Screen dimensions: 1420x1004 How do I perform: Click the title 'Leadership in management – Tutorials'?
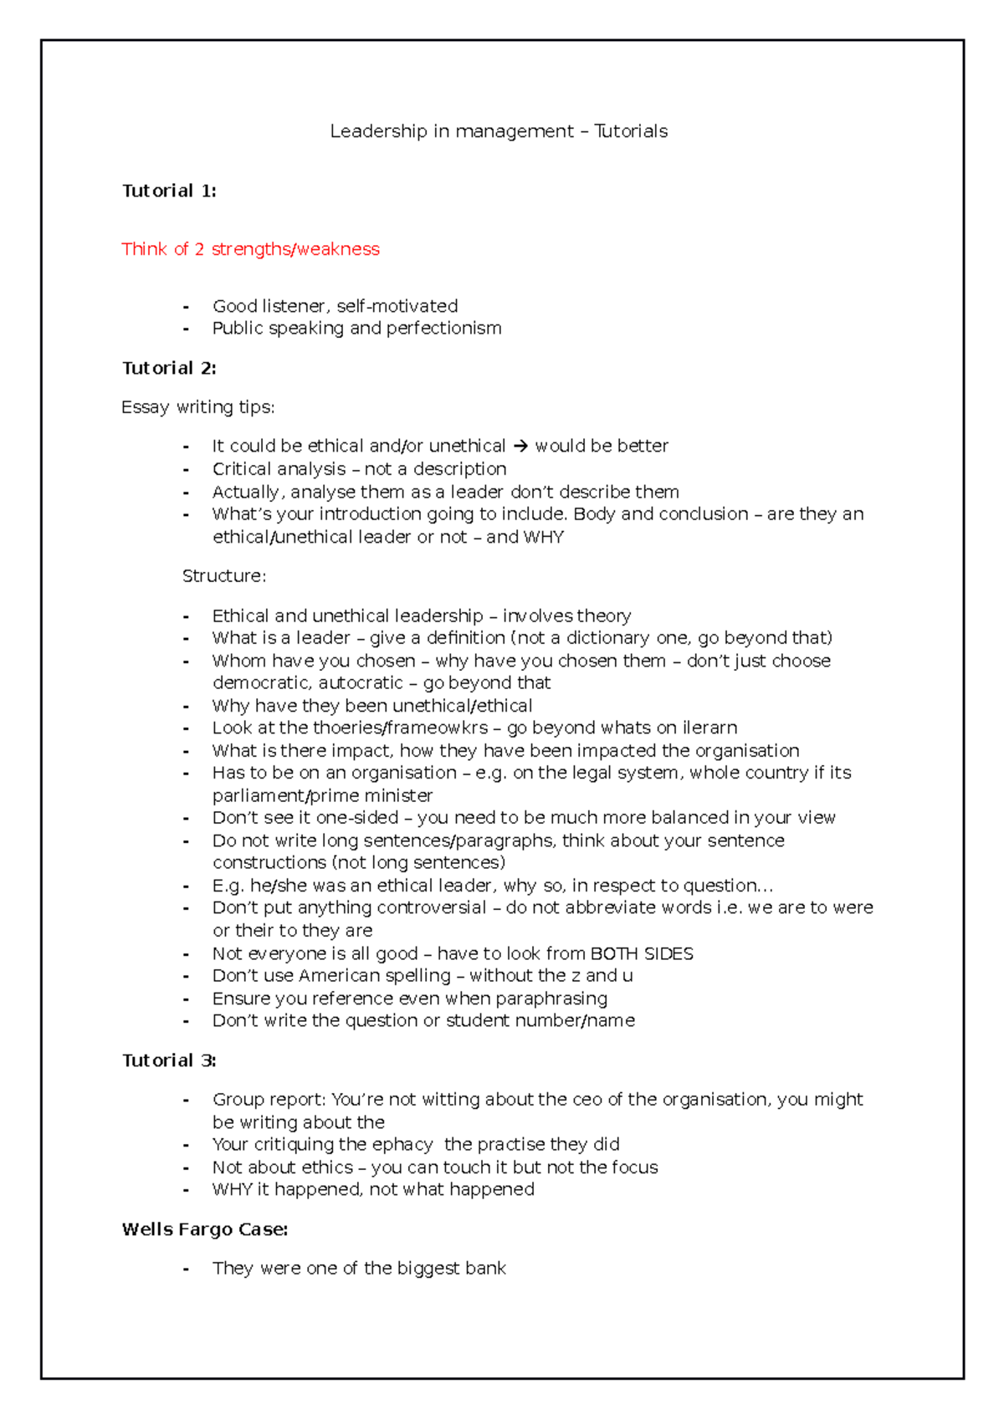click(499, 131)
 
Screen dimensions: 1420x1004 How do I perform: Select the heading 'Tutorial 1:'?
click(169, 191)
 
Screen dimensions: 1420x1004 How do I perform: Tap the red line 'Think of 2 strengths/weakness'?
click(250, 249)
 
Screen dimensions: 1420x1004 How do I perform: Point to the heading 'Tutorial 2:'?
click(169, 368)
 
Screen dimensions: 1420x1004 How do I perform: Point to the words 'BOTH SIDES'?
click(642, 954)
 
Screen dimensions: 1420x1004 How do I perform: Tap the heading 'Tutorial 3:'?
click(169, 1060)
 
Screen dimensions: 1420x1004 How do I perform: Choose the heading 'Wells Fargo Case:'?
click(205, 1229)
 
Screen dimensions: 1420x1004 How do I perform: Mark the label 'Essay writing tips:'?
click(198, 407)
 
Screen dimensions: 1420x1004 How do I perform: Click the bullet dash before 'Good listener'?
click(186, 307)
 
